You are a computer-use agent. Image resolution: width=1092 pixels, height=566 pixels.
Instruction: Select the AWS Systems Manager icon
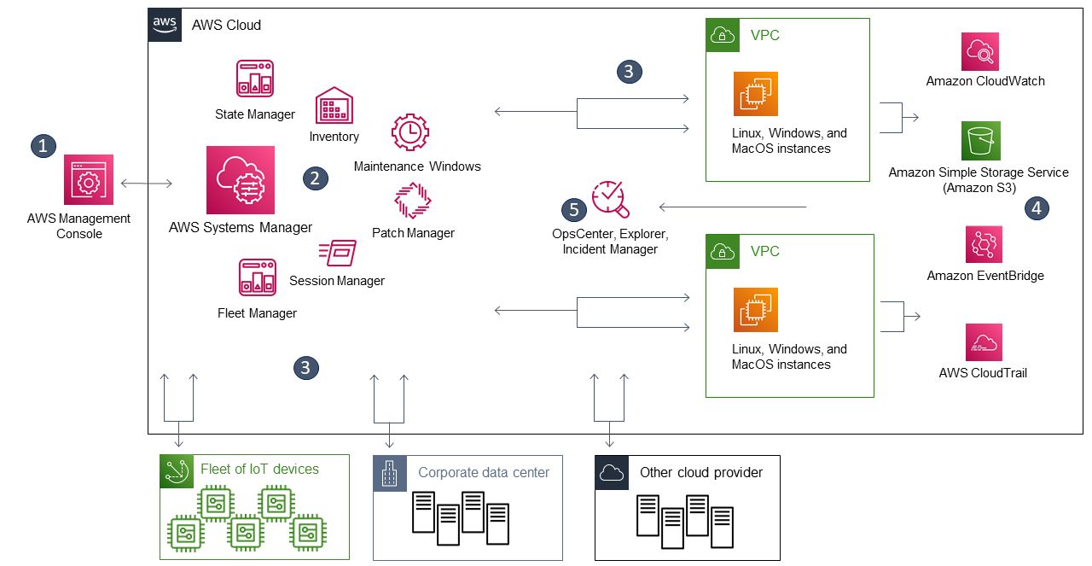[241, 180]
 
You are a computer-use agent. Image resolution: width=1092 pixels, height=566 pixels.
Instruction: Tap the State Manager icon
[255, 79]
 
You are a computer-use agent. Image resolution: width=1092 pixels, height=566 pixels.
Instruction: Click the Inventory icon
[334, 106]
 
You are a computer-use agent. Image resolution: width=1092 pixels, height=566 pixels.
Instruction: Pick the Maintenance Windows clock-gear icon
[409, 133]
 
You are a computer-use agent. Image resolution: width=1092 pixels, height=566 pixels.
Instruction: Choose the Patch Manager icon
[413, 201]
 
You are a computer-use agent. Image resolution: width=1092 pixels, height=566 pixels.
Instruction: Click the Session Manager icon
[337, 254]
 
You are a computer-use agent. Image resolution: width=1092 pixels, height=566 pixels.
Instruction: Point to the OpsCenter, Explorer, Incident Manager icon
[611, 200]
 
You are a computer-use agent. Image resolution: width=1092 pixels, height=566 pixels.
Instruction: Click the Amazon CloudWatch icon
[980, 51]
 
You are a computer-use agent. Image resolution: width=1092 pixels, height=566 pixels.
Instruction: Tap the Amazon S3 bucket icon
[980, 141]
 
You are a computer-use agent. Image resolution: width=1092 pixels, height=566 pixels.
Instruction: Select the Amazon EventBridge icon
[984, 245]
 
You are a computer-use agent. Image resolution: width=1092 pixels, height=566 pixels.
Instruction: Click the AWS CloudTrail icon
[984, 342]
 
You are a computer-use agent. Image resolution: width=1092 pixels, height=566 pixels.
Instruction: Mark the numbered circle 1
[42, 145]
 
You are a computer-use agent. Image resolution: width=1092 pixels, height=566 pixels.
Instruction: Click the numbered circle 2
[315, 178]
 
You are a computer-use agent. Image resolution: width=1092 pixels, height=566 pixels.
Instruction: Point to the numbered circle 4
[1037, 207]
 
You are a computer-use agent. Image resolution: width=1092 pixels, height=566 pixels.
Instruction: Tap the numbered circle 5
[573, 209]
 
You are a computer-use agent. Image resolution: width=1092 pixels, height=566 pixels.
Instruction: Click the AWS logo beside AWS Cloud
[166, 25]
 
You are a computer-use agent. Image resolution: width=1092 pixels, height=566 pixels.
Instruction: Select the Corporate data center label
[484, 472]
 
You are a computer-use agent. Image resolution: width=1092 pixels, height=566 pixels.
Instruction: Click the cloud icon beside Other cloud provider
[612, 472]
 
